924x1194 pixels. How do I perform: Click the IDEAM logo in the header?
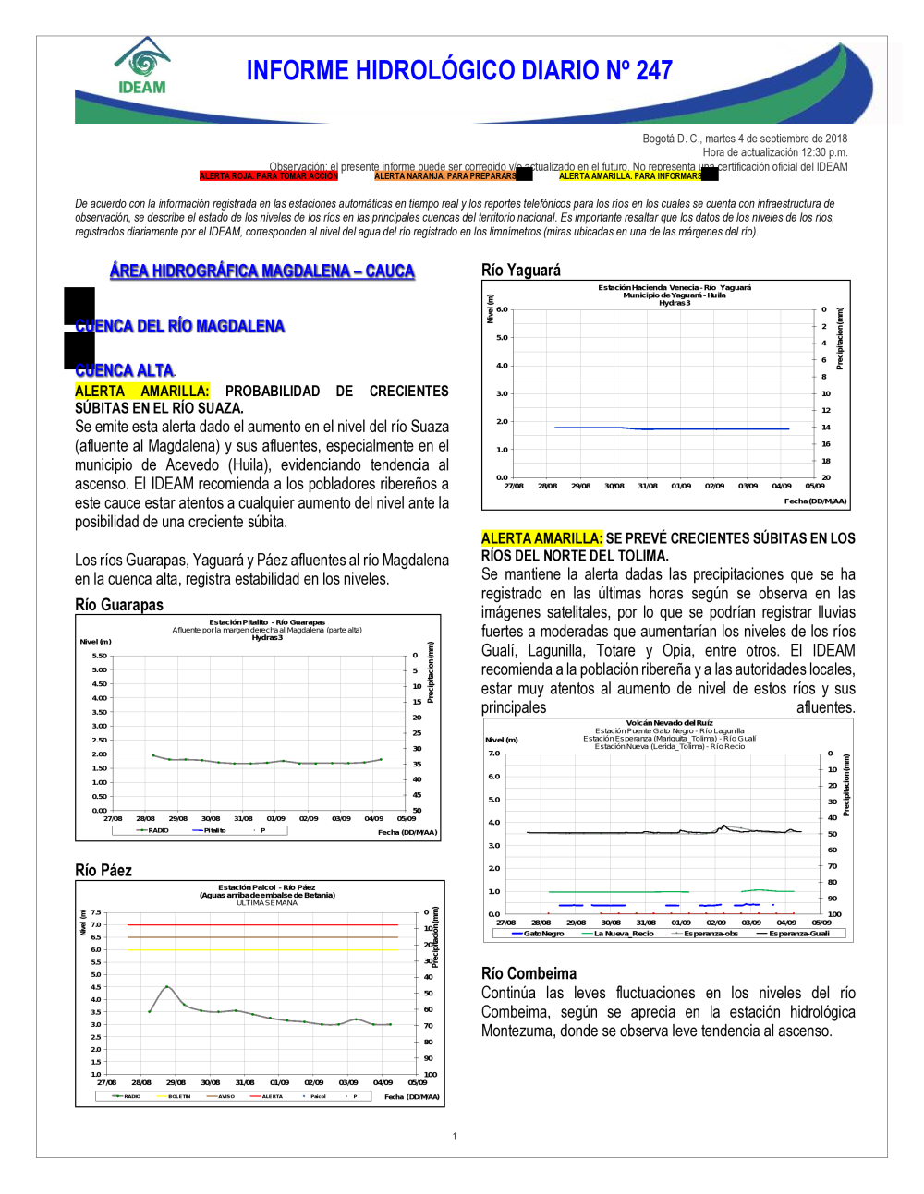coord(142,66)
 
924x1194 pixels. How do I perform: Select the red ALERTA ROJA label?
coord(269,175)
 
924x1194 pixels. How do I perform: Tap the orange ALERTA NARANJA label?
coord(445,175)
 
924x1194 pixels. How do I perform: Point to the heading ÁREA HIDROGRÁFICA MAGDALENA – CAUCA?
coord(262,271)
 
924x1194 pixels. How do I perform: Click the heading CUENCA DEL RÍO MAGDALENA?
coord(180,326)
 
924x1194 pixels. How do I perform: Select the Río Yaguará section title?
coord(521,270)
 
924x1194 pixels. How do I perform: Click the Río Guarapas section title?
coord(119,605)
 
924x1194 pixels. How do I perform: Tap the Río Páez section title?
coord(103,870)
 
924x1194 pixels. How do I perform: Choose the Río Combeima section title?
coord(529,973)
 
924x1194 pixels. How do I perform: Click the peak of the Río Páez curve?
coord(166,986)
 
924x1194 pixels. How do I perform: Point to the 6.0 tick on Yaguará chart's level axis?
coord(502,309)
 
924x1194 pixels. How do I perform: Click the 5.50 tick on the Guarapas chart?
coord(99,656)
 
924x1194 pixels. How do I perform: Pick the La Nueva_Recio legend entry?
coord(623,934)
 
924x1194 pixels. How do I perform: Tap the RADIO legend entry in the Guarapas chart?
coord(158,830)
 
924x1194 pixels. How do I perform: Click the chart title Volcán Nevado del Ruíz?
coord(670,723)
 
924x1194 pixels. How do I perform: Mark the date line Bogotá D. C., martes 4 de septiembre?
coord(745,139)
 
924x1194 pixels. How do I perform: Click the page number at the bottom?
coord(455,1136)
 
